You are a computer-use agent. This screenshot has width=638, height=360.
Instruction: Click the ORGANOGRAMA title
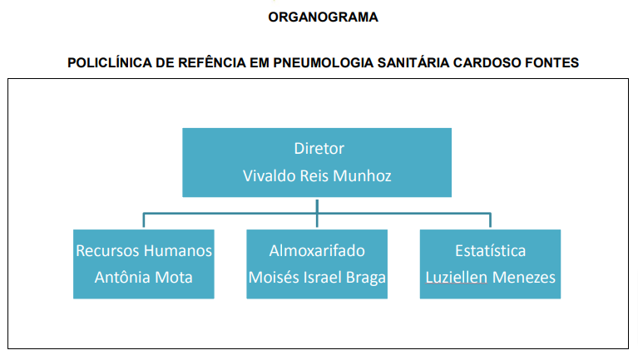(323, 17)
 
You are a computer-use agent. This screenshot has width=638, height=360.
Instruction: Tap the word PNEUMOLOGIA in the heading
(323, 62)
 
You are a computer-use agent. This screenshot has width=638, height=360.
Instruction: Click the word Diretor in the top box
(319, 149)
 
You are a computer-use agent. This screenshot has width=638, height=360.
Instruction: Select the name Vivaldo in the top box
(269, 175)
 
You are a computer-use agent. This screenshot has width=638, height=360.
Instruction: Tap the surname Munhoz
(362, 175)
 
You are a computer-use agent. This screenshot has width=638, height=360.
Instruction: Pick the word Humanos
(178, 250)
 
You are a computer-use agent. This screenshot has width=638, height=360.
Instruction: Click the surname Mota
(174, 278)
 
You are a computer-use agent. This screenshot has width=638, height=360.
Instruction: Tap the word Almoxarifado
(317, 250)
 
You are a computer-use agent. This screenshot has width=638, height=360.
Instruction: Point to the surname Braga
(365, 278)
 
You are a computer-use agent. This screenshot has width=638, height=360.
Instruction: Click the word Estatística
(490, 250)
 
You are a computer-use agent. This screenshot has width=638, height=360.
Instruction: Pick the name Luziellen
(456, 278)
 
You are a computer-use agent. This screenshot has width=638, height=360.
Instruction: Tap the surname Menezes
(524, 278)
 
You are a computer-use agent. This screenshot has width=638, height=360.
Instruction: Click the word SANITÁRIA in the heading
(413, 62)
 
